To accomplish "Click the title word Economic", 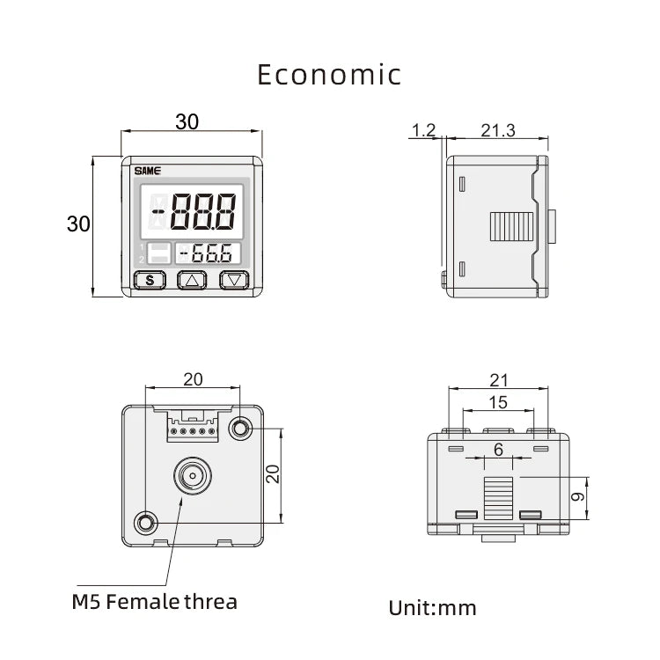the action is (329, 75).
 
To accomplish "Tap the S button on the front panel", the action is (150, 280).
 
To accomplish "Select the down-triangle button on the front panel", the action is (234, 280).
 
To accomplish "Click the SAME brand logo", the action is (147, 171).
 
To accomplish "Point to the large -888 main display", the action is (192, 211).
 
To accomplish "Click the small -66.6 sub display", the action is (208, 253).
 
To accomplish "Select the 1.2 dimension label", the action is (423, 130).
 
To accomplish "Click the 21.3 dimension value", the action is (498, 130).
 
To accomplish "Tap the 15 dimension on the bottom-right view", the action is (498, 402).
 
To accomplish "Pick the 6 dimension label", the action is (498, 450).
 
